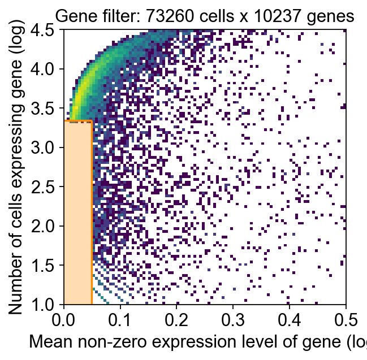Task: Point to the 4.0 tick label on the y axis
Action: tap(48, 70)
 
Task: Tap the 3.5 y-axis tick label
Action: tap(48, 109)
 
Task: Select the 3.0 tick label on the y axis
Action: tap(48, 148)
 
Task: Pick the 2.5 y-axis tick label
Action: tap(48, 187)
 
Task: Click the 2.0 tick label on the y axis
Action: tap(48, 226)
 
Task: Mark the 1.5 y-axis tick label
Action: tap(48, 266)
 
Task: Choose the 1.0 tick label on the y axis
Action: tap(48, 305)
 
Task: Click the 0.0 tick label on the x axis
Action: tap(64, 320)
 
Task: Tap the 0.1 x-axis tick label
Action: tap(120, 320)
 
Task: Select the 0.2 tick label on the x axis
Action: tap(176, 320)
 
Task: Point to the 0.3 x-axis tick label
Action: tap(233, 320)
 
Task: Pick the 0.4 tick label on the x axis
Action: tap(289, 320)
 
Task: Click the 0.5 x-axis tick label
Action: tap(345, 320)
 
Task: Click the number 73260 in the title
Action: tap(164, 17)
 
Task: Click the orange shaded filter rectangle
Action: tap(77, 212)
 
